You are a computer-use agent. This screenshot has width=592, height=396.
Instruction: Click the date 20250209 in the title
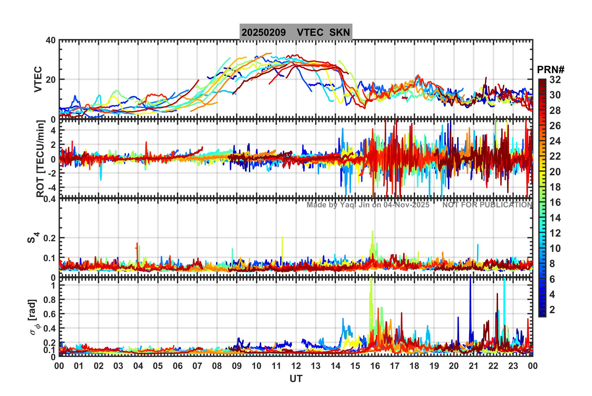click(264, 32)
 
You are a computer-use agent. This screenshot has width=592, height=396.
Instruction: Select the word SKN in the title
click(340, 32)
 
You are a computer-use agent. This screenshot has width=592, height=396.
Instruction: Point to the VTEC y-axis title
click(38, 79)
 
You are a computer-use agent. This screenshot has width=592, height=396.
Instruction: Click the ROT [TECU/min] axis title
click(40, 159)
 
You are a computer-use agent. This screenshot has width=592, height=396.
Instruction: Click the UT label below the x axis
click(296, 379)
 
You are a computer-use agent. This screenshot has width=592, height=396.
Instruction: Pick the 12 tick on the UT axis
click(296, 366)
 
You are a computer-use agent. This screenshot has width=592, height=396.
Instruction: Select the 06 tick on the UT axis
click(177, 366)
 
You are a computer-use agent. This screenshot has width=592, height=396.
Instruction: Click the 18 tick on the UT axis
click(414, 366)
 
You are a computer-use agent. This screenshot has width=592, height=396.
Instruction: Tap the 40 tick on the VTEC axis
click(51, 40)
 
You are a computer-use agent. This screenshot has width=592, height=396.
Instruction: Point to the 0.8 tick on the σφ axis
click(49, 300)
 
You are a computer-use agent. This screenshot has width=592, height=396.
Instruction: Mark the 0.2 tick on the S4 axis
click(49, 238)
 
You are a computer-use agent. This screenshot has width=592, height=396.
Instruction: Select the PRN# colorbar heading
click(551, 70)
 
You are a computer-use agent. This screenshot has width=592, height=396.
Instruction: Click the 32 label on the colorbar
click(555, 80)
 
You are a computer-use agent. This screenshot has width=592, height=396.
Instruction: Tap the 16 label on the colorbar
click(555, 203)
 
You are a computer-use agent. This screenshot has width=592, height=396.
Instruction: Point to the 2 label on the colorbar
click(552, 310)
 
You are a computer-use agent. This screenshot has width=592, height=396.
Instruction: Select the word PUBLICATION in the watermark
click(510, 205)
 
